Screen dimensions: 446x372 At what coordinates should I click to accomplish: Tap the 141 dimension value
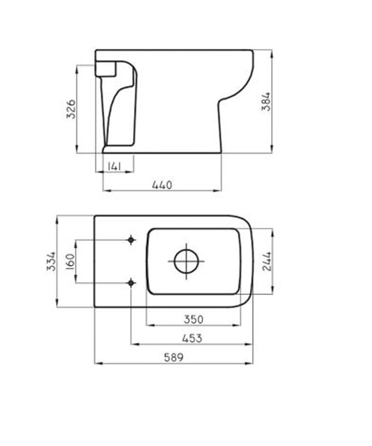coord(114,167)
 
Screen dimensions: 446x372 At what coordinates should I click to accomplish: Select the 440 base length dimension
coord(162,185)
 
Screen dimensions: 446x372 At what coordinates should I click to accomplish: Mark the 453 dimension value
coord(191,338)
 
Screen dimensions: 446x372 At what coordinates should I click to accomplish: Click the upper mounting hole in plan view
coord(131,240)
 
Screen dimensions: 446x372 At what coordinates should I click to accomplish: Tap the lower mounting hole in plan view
coord(131,282)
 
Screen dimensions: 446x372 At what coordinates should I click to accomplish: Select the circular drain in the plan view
coord(186,261)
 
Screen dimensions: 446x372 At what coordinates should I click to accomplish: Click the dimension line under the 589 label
coord(173,364)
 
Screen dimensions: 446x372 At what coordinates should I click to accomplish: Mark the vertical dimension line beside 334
coord(57,288)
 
